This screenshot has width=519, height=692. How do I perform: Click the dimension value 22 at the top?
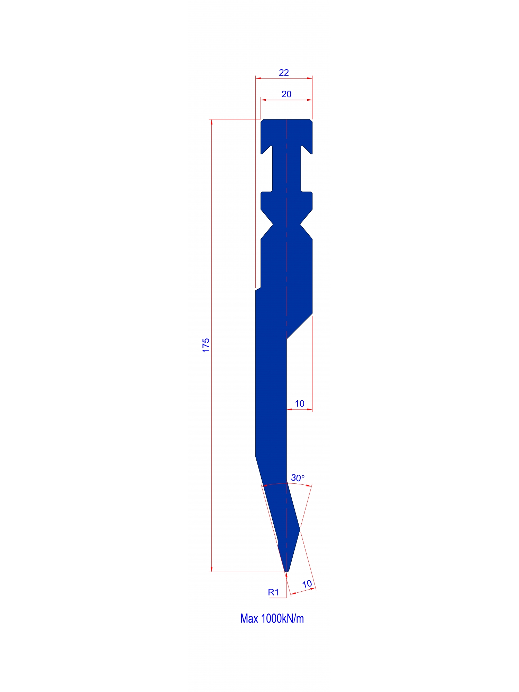pyautogui.click(x=284, y=73)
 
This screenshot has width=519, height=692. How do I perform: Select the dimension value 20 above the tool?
pyautogui.click(x=286, y=94)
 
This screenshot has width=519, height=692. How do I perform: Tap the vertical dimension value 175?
pyautogui.click(x=206, y=345)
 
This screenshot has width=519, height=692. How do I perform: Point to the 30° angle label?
pyautogui.click(x=298, y=478)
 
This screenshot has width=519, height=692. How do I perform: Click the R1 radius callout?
pyautogui.click(x=273, y=592)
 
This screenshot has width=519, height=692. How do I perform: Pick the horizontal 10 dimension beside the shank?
pyautogui.click(x=300, y=403)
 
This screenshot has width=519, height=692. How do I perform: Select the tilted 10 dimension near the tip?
pyautogui.click(x=307, y=584)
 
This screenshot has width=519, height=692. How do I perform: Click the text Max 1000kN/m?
pyautogui.click(x=272, y=618)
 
